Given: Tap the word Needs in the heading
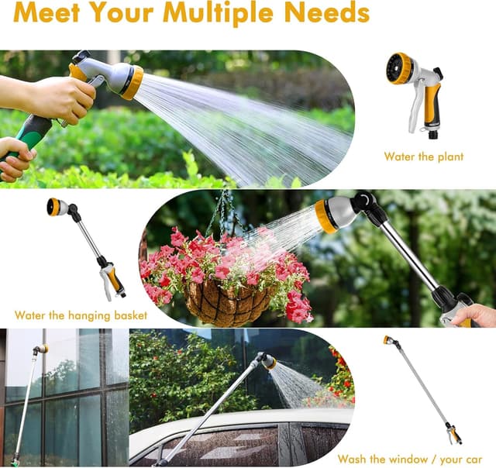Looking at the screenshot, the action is (x=327, y=12).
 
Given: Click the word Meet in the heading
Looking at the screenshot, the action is (x=46, y=12).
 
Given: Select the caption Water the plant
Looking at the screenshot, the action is (x=424, y=157).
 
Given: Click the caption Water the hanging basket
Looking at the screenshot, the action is (x=81, y=315).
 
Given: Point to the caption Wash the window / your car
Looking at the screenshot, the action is (x=410, y=459).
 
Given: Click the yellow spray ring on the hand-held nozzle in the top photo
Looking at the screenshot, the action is (x=133, y=83).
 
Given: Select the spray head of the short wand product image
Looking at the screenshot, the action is (x=57, y=207).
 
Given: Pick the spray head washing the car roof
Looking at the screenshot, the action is (x=268, y=361).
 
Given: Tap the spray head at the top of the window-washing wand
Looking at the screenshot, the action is (x=40, y=349).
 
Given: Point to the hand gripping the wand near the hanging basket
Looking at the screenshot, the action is (x=475, y=315).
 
